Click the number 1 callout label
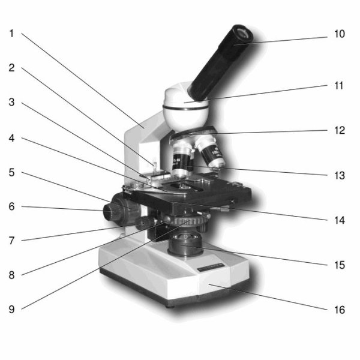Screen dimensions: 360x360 click(11, 34)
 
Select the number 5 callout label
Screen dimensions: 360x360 click(11, 172)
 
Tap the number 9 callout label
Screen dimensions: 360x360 click(11, 309)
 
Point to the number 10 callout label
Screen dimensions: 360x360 click(340, 34)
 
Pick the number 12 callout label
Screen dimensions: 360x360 click(340, 130)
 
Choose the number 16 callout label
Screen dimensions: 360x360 click(340, 310)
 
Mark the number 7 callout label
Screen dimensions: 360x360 click(11, 241)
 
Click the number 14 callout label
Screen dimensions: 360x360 click(340, 220)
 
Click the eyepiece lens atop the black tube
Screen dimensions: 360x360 click(243, 34)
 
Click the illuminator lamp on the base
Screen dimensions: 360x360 click(185, 244)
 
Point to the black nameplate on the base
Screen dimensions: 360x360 click(211, 268)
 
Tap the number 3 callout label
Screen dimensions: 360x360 click(11, 102)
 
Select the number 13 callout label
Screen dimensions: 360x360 click(340, 175)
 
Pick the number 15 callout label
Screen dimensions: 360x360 click(340, 265)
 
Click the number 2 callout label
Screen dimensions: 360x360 click(11, 68)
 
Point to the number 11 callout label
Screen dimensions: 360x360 click(339, 86)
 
